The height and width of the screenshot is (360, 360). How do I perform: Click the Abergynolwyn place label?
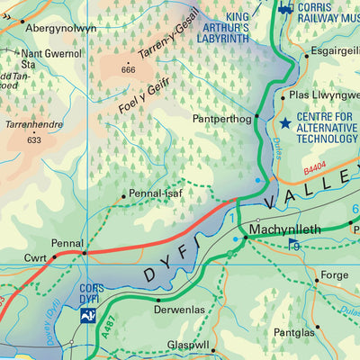[x=59, y=29]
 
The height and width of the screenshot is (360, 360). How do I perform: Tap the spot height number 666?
[x=128, y=70]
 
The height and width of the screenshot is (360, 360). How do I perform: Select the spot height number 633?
[x=34, y=139]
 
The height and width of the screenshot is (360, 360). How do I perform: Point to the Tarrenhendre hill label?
[x=33, y=126]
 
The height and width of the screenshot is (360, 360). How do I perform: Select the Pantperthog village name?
[x=221, y=118]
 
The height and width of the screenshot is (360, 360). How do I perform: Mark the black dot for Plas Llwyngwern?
[x=283, y=97]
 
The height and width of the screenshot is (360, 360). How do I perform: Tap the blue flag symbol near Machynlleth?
[x=292, y=246]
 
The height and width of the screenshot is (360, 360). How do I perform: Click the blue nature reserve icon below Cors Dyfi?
[x=88, y=315]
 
